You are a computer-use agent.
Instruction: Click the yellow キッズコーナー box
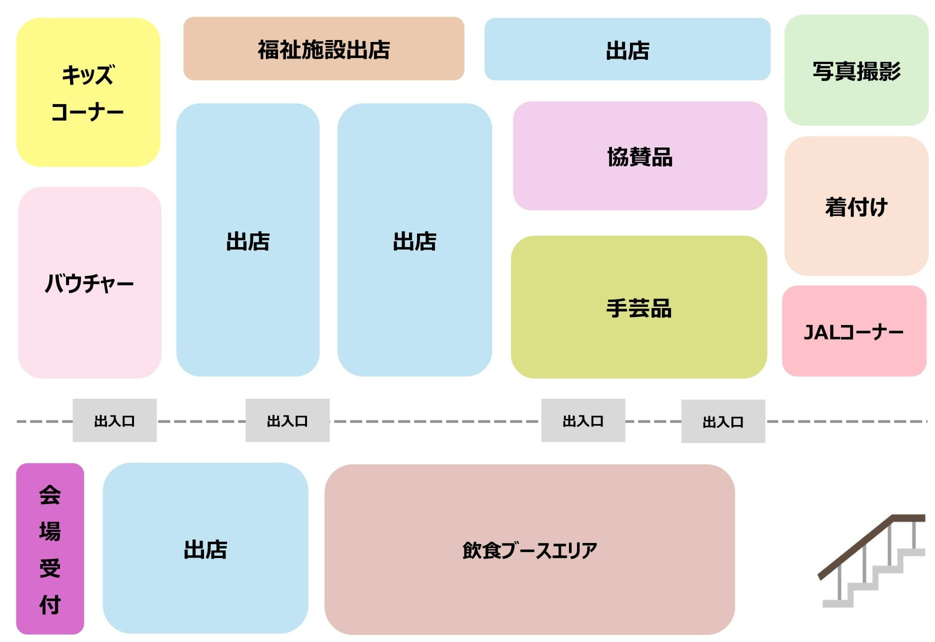click(x=88, y=92)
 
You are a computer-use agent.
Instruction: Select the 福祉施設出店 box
click(x=323, y=48)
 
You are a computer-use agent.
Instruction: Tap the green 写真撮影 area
click(x=856, y=70)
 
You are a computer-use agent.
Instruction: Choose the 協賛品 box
click(x=639, y=156)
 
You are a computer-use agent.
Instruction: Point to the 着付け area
click(x=856, y=206)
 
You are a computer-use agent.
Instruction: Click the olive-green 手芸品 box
click(x=638, y=307)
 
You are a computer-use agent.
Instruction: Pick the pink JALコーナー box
click(x=854, y=331)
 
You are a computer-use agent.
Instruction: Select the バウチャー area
click(x=89, y=282)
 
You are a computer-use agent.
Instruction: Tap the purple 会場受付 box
click(x=50, y=548)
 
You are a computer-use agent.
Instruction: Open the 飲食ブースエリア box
click(x=529, y=549)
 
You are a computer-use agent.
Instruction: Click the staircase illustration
click(x=872, y=562)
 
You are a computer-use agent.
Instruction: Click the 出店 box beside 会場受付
click(x=205, y=548)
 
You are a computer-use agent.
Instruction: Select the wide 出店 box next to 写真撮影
click(x=627, y=49)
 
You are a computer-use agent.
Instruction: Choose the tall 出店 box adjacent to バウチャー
click(x=247, y=240)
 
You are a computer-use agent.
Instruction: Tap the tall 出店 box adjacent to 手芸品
click(x=414, y=240)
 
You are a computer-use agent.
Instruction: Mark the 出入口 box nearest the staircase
click(x=723, y=421)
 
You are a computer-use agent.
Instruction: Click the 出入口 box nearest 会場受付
click(x=114, y=420)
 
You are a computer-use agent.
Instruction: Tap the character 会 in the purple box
click(x=50, y=494)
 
